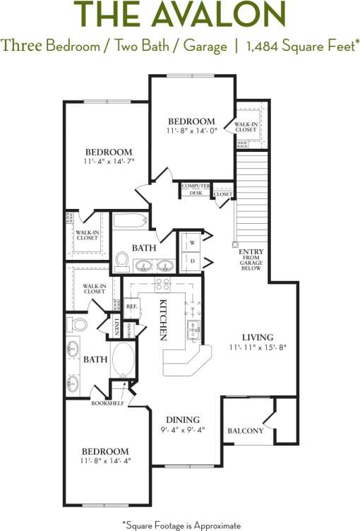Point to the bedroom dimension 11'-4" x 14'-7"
click(109, 162)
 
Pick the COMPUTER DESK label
click(195, 189)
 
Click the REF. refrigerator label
click(131, 306)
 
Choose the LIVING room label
click(258, 338)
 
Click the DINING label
click(183, 419)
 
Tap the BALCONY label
click(245, 431)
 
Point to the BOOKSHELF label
click(106, 404)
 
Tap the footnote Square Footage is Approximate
click(181, 525)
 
